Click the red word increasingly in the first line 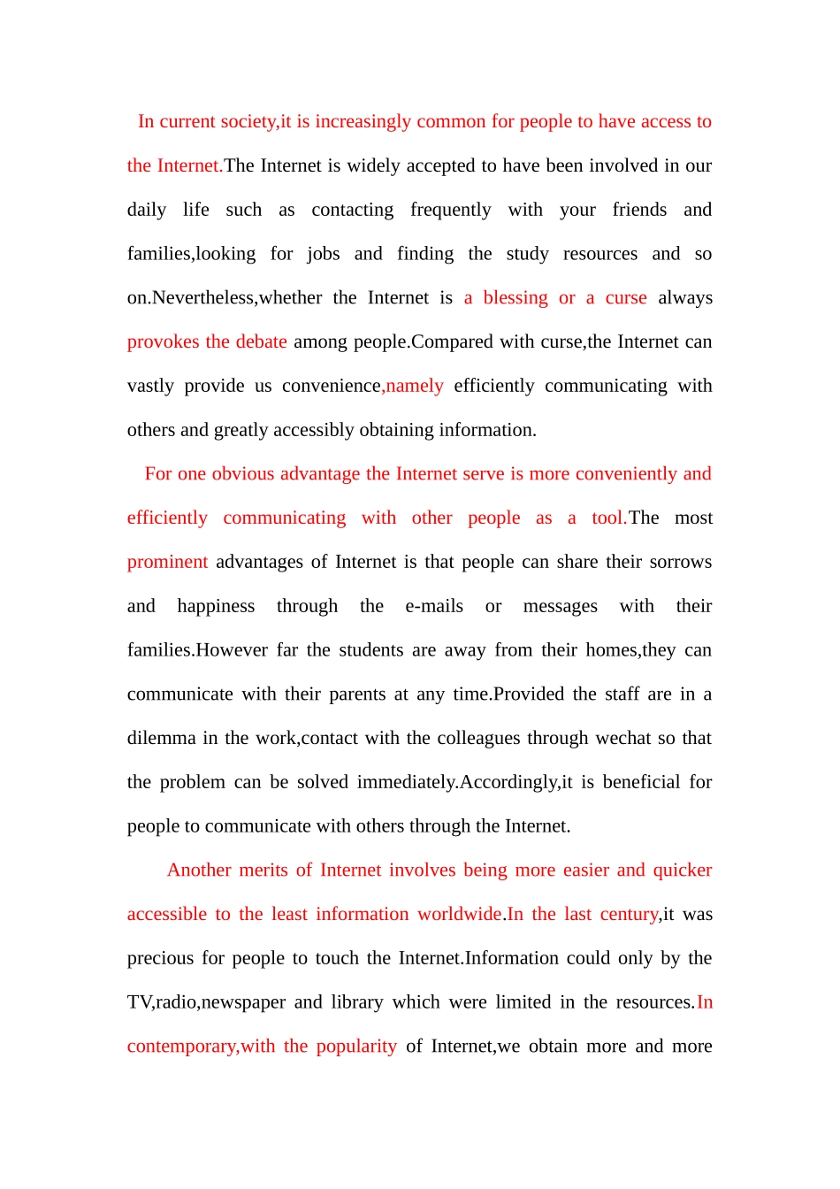tap(363, 122)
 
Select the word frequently tap(450, 211)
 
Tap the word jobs tap(323, 255)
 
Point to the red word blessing tap(515, 298)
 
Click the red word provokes tap(163, 342)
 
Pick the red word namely tap(415, 387)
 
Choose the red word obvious tap(242, 474)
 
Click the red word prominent tap(167, 563)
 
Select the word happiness tap(216, 607)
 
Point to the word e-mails tap(434, 607)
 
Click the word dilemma tap(160, 739)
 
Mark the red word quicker tap(682, 871)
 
